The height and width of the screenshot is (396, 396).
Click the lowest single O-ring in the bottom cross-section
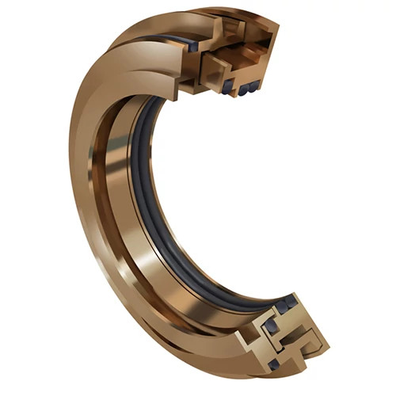273,364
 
